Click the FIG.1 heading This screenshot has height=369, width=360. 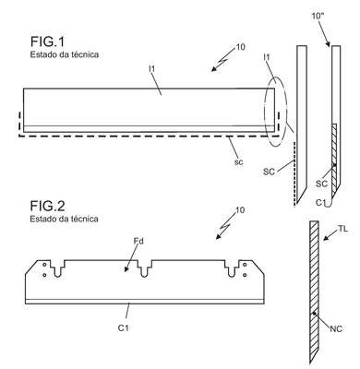click(x=48, y=42)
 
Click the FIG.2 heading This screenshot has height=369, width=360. click(x=48, y=206)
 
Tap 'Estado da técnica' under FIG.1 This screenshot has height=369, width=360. click(x=65, y=54)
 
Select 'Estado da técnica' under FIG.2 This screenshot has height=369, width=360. click(x=65, y=219)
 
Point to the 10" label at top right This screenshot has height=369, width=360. click(x=318, y=16)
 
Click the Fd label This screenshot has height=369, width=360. click(x=138, y=242)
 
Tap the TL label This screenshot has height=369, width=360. click(x=342, y=229)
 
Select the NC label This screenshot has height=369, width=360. click(x=336, y=329)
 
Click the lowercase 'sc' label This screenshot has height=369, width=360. click(x=238, y=162)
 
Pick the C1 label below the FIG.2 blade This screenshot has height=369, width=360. click(x=123, y=328)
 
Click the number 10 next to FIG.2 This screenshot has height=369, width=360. click(x=240, y=210)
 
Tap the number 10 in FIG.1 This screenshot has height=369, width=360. click(x=240, y=47)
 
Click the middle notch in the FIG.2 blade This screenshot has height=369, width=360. click(x=144, y=268)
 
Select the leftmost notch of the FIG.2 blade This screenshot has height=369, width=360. click(x=57, y=268)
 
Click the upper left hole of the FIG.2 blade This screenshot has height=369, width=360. click(x=44, y=265)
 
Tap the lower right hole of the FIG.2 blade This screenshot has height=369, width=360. click(x=245, y=275)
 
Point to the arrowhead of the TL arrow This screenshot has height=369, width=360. click(x=326, y=238)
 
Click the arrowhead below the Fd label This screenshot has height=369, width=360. click(x=126, y=269)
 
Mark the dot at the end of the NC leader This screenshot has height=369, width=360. click(x=314, y=314)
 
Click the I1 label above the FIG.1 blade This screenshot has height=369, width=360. click(x=151, y=69)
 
